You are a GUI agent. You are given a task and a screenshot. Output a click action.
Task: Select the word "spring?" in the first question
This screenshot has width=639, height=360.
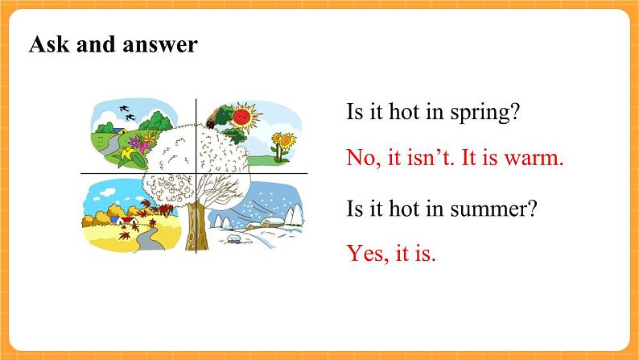485,113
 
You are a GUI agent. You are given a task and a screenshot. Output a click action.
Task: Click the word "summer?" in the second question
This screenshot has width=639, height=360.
494,209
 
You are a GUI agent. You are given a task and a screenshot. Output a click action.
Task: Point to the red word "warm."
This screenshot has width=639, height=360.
534,157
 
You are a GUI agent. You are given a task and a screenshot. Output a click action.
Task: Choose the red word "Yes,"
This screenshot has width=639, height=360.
368,253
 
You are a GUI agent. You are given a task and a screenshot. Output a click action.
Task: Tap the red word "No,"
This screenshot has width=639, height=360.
364,157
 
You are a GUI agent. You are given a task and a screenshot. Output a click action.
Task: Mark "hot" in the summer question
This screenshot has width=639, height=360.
404,208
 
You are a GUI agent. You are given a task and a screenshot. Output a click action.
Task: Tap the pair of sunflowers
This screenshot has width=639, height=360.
282,147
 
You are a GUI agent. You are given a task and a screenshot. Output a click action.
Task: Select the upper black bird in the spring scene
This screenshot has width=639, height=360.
124,109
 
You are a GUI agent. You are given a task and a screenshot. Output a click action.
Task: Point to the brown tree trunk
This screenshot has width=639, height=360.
196,226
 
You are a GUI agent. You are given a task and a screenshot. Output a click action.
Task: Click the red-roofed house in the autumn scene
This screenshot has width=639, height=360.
130,221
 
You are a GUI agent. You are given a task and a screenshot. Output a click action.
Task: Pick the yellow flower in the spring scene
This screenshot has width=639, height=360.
129,155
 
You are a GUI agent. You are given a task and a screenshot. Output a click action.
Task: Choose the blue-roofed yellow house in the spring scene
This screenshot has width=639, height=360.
120,130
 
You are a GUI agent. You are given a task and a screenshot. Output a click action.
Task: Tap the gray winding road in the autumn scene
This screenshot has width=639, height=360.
149,241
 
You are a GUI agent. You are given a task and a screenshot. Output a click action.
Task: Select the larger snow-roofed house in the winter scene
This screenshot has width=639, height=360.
271,222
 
